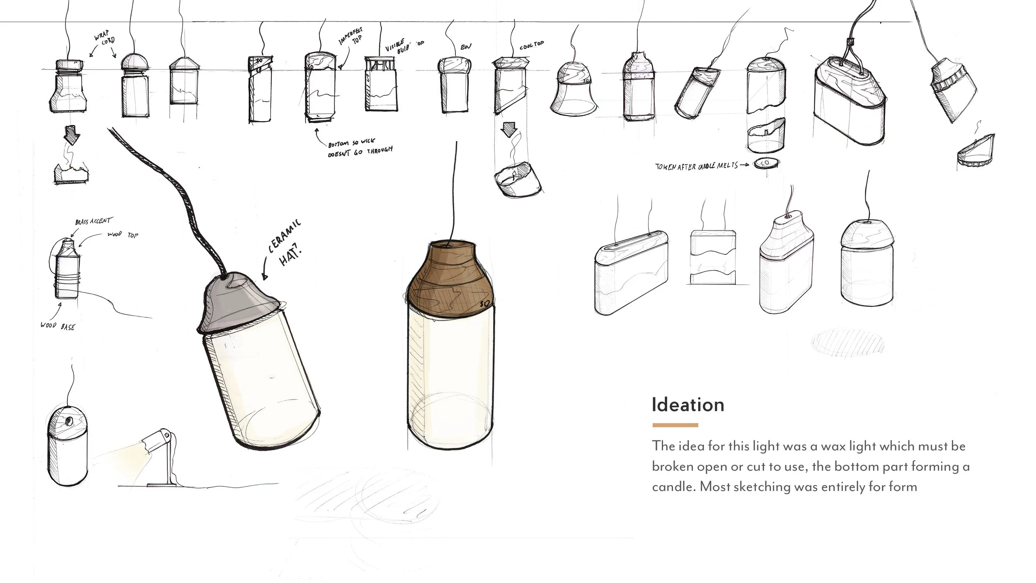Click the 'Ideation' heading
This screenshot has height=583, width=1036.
coord(688,405)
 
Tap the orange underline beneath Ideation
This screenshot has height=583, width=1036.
coord(675,425)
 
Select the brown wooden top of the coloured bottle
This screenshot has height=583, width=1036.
coord(450,278)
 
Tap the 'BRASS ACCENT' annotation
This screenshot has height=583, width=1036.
coord(93,222)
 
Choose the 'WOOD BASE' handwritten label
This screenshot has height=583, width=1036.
coord(58,326)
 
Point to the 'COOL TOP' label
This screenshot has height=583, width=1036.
coord(532,45)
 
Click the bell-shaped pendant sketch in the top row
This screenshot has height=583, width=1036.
coord(574,89)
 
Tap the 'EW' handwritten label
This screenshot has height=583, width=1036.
coord(466,47)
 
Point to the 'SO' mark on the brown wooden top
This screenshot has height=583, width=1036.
coord(485,304)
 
